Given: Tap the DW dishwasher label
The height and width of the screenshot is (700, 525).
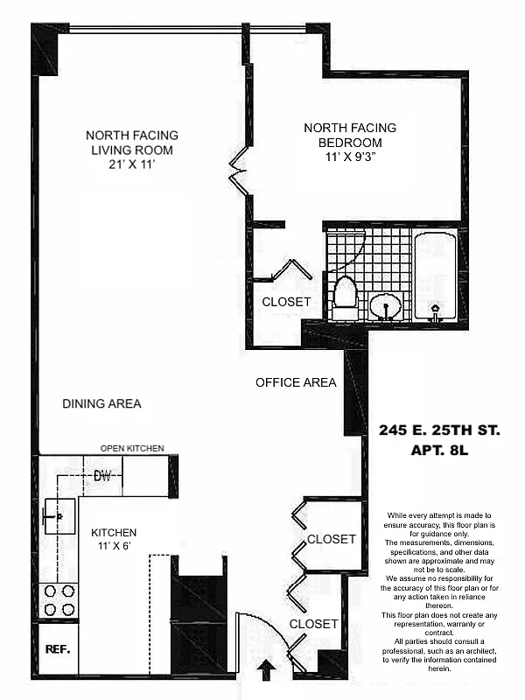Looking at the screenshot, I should pos(104,476).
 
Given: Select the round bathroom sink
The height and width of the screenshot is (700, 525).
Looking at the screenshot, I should pos(385,306).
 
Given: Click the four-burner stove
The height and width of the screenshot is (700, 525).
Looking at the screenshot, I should pos(59,599).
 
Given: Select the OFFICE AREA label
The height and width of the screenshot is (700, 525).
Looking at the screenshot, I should pos(296,382).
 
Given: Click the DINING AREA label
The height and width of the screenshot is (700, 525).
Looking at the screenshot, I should pos(101,403).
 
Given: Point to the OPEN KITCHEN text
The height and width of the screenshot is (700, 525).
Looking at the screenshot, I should pos(132,449).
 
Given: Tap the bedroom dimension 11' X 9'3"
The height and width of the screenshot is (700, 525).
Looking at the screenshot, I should pos(351,157).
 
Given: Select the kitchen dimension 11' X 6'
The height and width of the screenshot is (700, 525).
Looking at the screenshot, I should pos(112,548).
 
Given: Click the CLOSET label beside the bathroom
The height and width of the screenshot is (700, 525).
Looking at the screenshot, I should pos(286,302).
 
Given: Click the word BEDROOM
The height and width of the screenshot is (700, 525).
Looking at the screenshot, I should pos(350,143).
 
